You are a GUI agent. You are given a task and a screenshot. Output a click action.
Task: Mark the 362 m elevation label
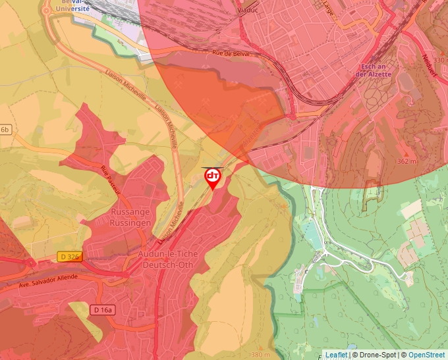tap(407, 161)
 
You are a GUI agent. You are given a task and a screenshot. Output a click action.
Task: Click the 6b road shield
tap(5, 130)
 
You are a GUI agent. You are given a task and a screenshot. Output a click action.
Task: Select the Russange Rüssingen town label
tap(130, 218)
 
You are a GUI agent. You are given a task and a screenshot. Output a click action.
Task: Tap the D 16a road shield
tap(103, 309)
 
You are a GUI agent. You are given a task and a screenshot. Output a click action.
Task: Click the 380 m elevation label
tap(260, 355)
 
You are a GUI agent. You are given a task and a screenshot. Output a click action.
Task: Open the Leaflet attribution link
tap(336, 355)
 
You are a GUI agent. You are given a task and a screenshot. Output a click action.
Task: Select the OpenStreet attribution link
tap(426, 355)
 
